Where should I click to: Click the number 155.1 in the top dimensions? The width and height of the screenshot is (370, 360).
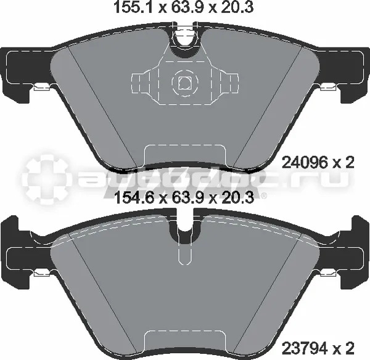tap(134, 7)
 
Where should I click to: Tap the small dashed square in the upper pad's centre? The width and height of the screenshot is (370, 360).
tap(184, 83)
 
